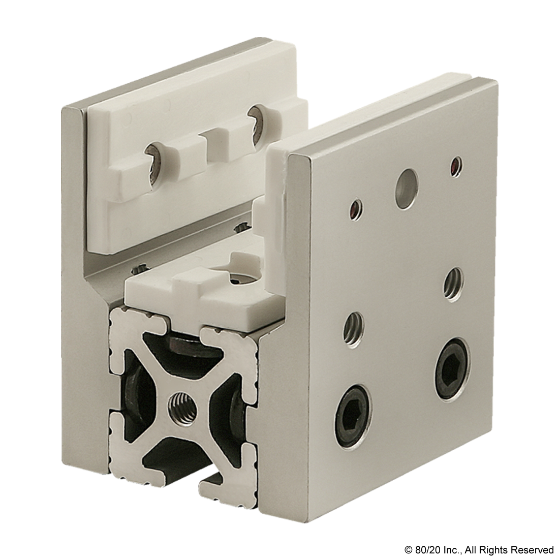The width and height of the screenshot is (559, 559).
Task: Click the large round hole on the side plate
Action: click(x=405, y=188)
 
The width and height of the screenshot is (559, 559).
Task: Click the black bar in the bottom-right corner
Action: click(x=478, y=550)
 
